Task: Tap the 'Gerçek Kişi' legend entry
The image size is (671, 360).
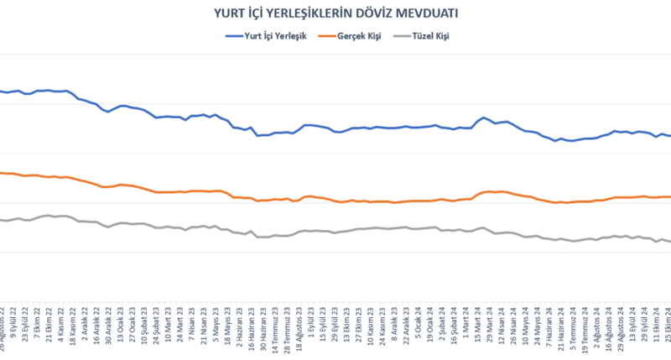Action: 357,36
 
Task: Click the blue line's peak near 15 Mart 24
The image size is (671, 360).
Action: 484,117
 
